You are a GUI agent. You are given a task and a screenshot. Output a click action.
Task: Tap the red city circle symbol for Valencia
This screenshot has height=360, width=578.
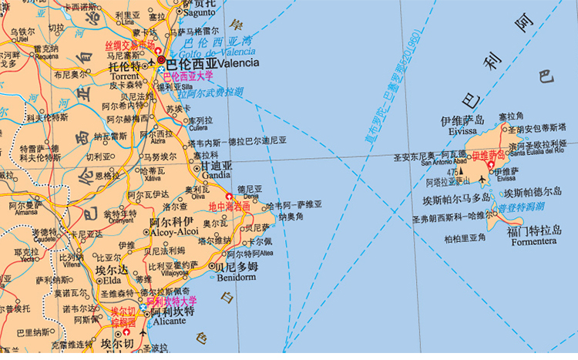click(x=161, y=59)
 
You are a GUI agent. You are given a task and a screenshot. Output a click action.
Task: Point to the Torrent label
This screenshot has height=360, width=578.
click(x=125, y=76)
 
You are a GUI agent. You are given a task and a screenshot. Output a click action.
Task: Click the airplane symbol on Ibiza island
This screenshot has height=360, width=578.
click(x=482, y=180)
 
